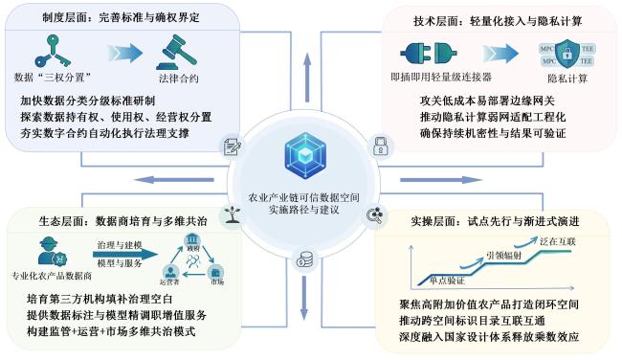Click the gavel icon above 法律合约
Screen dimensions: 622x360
176,52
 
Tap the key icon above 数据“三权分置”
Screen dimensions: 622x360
53,51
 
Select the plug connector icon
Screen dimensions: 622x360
429,54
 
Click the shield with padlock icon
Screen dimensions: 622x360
567,54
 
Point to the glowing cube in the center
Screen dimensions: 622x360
305,155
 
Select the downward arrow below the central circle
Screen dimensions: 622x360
304,298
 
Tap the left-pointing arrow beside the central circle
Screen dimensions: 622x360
174,180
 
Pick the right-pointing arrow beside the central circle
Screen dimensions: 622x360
441,180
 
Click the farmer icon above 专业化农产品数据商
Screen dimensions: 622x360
52,252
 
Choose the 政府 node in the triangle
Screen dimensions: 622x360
192,241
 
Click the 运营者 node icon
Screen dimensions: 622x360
170,274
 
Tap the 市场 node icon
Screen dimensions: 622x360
216,274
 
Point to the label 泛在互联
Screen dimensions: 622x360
557,241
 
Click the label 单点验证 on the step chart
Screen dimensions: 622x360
447,281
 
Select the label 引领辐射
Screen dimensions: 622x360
503,256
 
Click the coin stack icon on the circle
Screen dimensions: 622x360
304,260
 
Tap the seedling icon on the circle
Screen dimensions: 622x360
233,214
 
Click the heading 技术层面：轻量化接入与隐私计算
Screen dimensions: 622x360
498,21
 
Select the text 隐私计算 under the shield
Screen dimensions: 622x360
567,79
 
